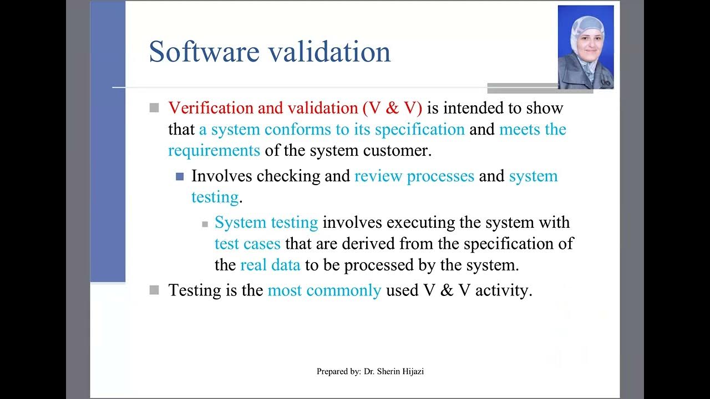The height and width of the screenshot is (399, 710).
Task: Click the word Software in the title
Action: coord(204,52)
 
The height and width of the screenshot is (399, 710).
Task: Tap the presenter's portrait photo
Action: coord(585,47)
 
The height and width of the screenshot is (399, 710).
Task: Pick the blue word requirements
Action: coord(214,150)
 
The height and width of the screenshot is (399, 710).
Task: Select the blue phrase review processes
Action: coord(414,176)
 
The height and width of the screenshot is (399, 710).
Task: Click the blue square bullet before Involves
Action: coord(179,177)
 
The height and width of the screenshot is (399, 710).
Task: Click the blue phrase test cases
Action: coord(247,244)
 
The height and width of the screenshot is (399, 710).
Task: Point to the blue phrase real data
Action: coord(270,265)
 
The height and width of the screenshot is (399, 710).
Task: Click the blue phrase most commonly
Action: coord(324,290)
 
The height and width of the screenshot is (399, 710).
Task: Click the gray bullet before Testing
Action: coord(154,290)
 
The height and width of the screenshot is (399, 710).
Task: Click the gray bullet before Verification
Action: coord(154,108)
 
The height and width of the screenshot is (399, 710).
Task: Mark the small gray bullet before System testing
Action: coord(205,224)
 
